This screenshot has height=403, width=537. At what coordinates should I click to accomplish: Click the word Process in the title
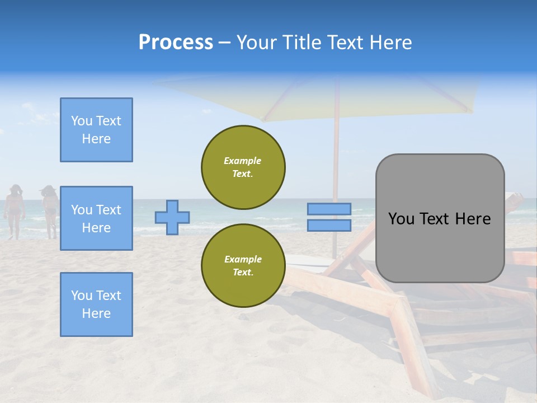coord(176,43)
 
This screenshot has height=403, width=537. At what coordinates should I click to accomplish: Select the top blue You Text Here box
coord(96,130)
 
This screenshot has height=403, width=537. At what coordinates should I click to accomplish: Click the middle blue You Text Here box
coord(96,218)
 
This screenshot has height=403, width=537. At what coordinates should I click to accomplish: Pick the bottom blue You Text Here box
coord(96,304)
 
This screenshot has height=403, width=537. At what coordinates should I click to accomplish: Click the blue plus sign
coord(172,217)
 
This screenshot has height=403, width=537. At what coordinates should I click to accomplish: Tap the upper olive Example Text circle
coord(243,167)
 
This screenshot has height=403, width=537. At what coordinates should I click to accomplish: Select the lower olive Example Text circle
coord(243,266)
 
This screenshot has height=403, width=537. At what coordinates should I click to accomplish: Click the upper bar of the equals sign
coord(329,209)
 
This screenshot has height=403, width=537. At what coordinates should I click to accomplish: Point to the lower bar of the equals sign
coord(329,226)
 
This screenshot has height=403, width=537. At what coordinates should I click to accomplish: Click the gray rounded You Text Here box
coord(440,218)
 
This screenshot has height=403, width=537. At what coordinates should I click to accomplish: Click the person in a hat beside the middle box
coord(50,210)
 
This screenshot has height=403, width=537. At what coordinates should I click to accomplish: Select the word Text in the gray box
coord(439,219)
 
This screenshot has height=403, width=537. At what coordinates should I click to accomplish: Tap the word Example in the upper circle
coord(243,161)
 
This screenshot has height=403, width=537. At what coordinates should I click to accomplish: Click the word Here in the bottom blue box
coord(96,313)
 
